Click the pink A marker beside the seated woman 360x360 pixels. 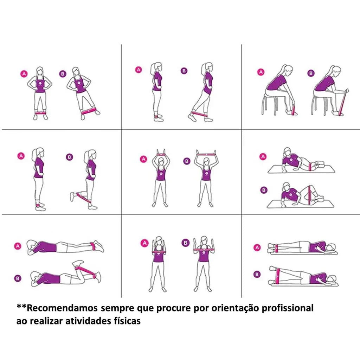pyautogui.click(x=261, y=72)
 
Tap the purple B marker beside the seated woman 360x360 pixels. pyautogui.click(x=311, y=73)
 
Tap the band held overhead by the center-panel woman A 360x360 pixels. pyautogui.click(x=161, y=154)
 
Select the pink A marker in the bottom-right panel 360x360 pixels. pyautogui.click(x=258, y=247)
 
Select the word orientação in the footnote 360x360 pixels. pyautogui.click(x=238, y=308)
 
